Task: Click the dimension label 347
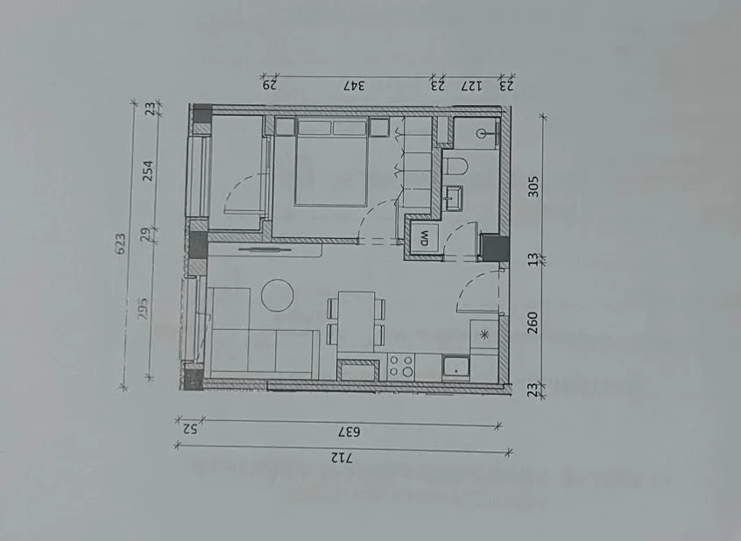[354, 86]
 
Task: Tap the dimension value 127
[471, 86]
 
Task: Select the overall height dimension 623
[121, 244]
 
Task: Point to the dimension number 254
[148, 172]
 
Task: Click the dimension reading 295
[144, 307]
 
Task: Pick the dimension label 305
[533, 186]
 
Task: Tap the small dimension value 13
[533, 259]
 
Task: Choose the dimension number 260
[533, 322]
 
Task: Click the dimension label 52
[190, 429]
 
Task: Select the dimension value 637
[349, 432]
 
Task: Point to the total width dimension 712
[342, 457]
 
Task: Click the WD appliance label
[424, 238]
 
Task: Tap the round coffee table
[278, 295]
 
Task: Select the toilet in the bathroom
[455, 167]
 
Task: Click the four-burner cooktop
[401, 367]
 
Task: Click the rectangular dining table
[356, 322]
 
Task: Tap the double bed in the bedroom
[332, 162]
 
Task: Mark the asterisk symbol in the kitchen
[483, 335]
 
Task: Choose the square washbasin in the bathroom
[453, 198]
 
